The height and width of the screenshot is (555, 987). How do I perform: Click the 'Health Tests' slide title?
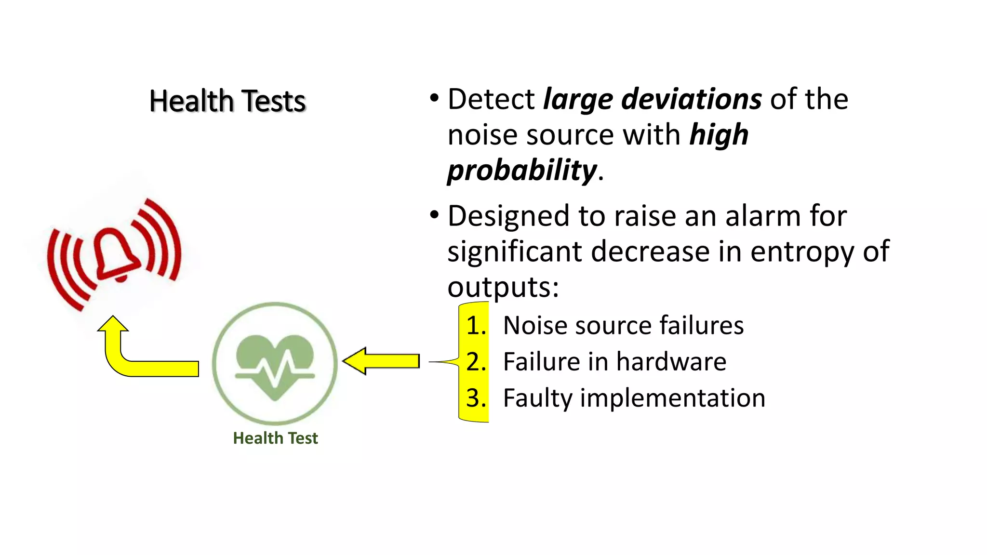click(227, 101)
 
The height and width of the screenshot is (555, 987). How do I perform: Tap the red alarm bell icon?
click(116, 254)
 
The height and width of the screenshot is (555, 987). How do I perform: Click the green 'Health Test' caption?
click(275, 438)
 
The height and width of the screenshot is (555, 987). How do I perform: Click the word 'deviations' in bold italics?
click(692, 99)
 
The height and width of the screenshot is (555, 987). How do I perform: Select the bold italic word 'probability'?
click(522, 171)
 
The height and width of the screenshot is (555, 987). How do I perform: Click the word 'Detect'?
click(491, 99)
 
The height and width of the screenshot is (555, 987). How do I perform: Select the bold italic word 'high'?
click(719, 135)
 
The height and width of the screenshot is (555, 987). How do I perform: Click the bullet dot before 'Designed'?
click(434, 215)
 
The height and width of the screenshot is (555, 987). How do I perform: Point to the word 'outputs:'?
click(503, 287)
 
